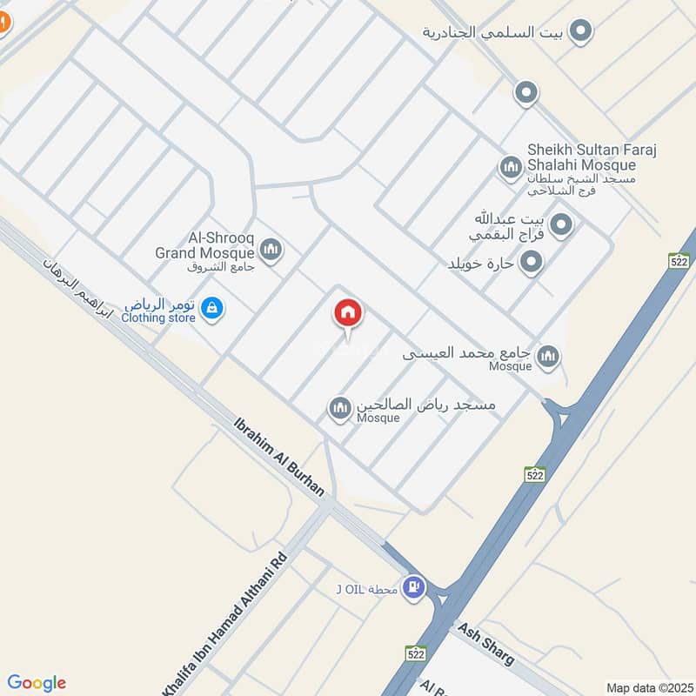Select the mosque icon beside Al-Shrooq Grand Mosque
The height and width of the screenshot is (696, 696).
coord(271,251)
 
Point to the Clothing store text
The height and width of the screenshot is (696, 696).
coord(158,318)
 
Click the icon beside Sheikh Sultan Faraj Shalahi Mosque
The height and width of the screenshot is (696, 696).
coord(510,165)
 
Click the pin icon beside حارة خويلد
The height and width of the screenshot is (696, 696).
coord(530,261)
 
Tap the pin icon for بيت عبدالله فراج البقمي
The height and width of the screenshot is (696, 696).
coord(562,225)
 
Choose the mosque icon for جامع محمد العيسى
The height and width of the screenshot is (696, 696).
coord(548,355)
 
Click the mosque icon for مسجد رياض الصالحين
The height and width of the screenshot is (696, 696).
coord(339,406)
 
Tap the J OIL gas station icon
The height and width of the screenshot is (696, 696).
coord(415,589)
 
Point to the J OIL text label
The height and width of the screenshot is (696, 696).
coord(367,590)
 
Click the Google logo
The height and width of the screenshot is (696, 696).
coord(37,683)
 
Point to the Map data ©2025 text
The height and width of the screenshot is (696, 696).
coord(648,687)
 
